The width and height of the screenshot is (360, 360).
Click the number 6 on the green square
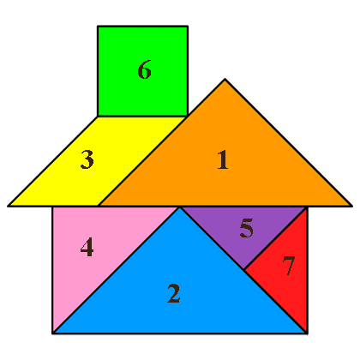(x=144, y=69)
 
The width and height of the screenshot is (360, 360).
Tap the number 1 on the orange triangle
(x=223, y=159)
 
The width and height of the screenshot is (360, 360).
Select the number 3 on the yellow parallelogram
(x=87, y=159)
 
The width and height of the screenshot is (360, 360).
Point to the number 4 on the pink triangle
(x=87, y=247)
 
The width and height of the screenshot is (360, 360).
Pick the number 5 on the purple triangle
(x=246, y=228)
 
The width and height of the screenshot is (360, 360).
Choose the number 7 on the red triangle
(x=289, y=266)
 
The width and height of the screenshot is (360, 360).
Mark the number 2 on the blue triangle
(x=174, y=293)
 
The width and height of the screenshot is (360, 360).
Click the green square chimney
(x=142, y=71)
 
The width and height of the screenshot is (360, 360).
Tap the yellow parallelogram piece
(x=97, y=161)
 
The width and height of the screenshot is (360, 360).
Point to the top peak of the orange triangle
(x=225, y=79)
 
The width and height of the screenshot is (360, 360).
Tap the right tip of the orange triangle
(x=351, y=206)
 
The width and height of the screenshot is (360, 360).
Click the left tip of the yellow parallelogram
(x=9, y=206)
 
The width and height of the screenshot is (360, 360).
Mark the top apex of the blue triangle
(x=180, y=207)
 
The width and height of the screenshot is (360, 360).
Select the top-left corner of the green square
(x=98, y=27)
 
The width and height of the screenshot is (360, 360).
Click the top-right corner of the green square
(x=188, y=27)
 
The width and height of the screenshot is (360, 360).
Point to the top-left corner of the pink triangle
(x=52, y=207)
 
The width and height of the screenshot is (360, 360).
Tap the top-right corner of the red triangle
(x=307, y=207)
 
